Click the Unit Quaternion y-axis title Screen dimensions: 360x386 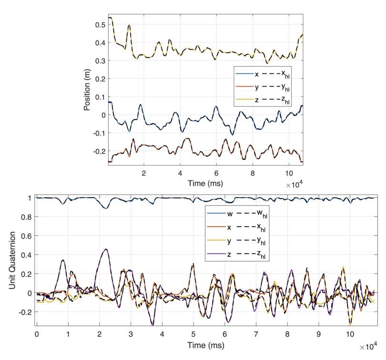pos(14,260)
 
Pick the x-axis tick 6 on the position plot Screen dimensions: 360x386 pos(216,174)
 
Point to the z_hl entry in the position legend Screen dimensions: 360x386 pos(285,99)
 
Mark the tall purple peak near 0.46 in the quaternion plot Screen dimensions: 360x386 pos(105,249)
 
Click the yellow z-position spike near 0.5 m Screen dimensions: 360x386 pos(129,24)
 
